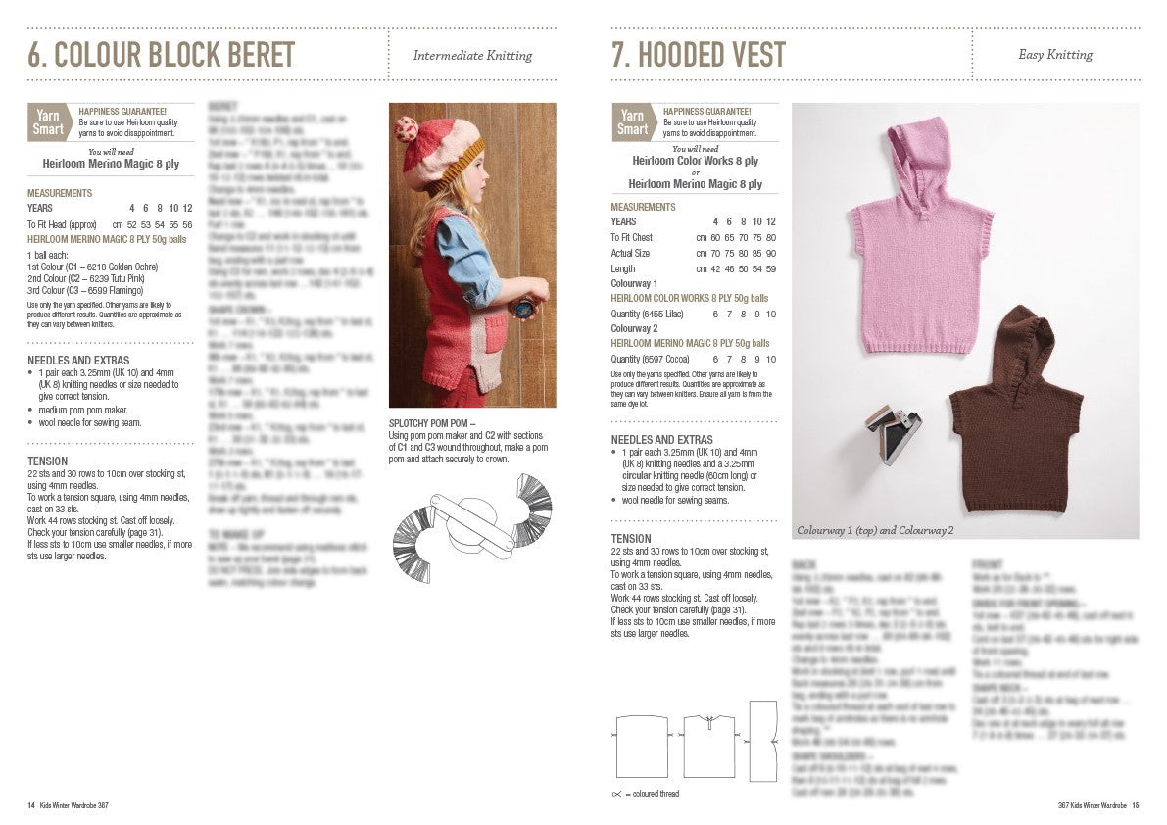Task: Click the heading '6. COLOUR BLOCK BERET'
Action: point(161,56)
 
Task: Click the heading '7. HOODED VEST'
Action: point(698,56)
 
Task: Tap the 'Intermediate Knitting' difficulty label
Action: point(472,56)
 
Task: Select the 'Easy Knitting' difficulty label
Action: point(1055,55)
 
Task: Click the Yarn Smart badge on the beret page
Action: point(48,122)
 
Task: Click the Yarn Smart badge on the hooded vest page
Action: point(632,122)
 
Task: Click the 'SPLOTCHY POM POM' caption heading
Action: point(432,423)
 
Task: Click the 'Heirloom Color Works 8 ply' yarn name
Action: point(695,161)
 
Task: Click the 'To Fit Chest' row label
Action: point(632,237)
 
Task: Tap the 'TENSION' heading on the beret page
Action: point(48,461)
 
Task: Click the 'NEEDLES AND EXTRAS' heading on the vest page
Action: point(661,440)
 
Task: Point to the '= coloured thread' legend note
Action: point(651,793)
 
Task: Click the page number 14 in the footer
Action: point(31,805)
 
